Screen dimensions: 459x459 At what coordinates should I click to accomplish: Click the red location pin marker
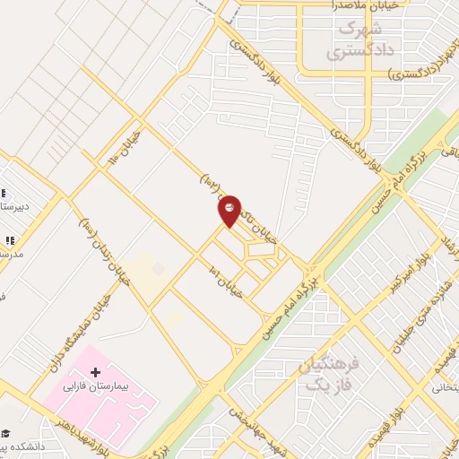pos(229,211)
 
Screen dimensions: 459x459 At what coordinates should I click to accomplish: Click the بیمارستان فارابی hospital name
pos(97,391)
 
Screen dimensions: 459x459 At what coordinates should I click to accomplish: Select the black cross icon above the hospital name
pos(96,370)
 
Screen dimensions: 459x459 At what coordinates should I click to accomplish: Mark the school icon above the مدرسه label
pos(10,240)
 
